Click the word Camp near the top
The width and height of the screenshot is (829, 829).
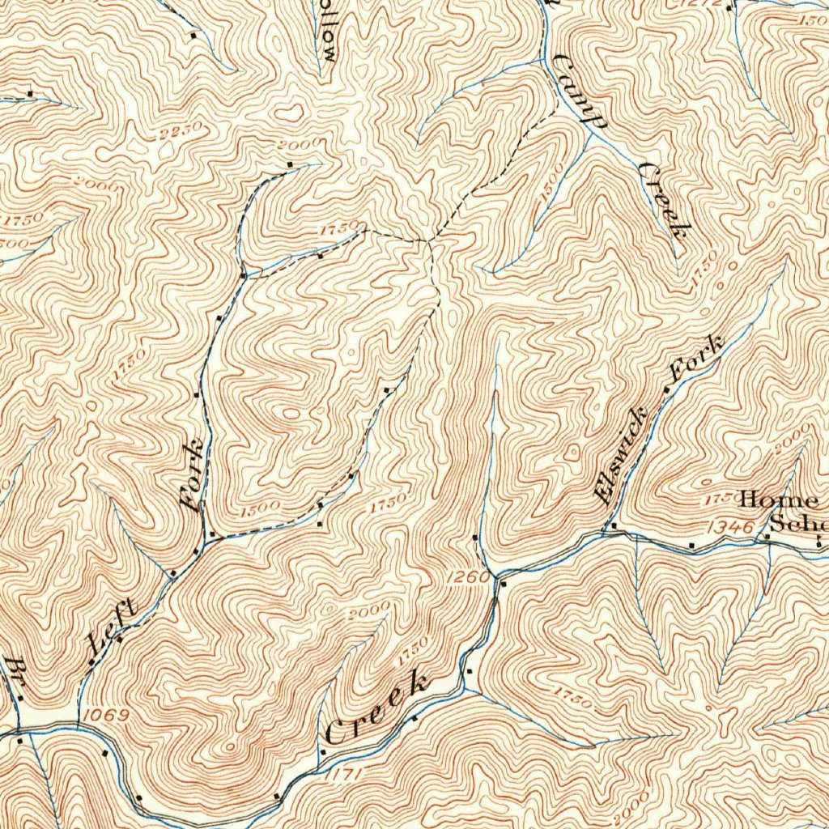pos(580,91)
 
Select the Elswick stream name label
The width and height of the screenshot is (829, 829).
pos(621,455)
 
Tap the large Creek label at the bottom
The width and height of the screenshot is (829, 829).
pos(377,707)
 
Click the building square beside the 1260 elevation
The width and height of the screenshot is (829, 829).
pos(503,584)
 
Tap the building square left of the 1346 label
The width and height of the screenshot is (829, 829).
pos(692,545)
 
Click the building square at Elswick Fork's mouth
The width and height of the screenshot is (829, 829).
pos(613,526)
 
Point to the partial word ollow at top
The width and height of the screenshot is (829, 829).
pos(329,31)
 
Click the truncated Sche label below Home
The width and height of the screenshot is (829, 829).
pos(797,523)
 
